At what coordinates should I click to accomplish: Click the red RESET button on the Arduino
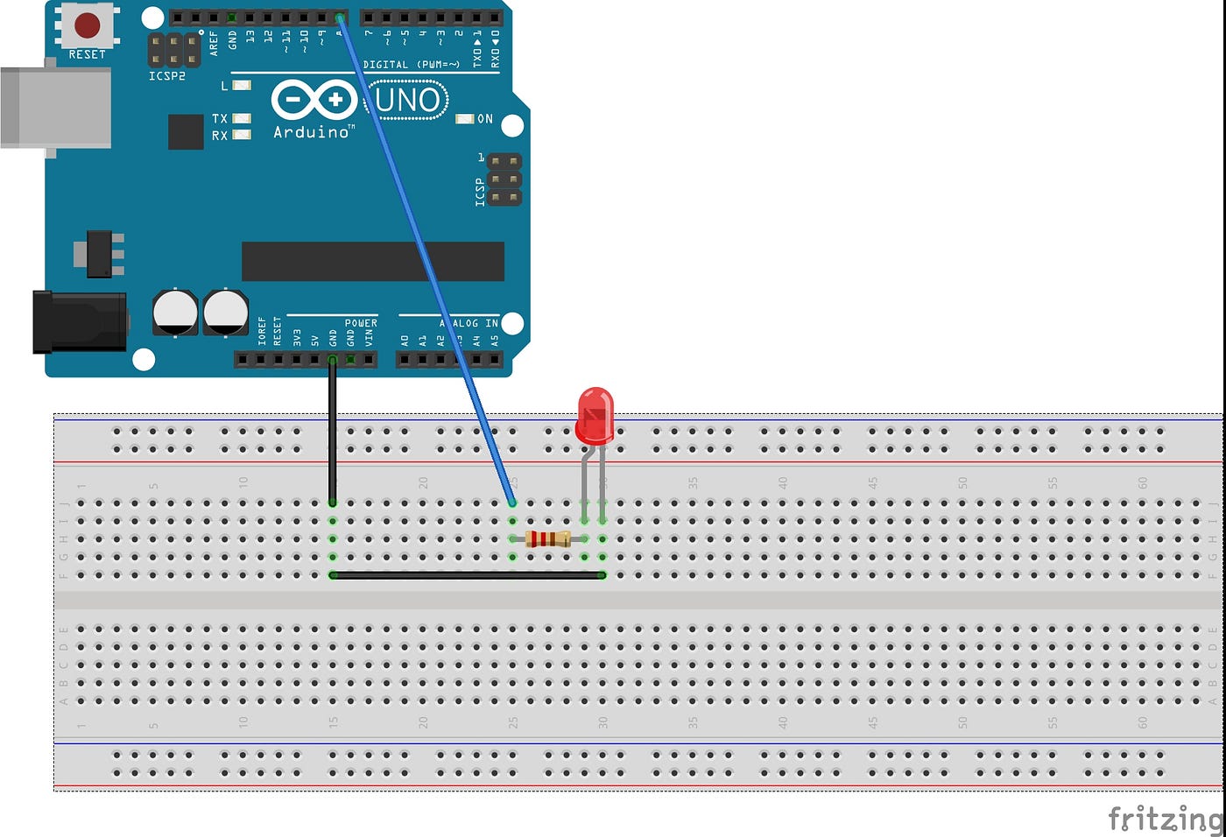point(87,25)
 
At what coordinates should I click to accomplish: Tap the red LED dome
point(595,416)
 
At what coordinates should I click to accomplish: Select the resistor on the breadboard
point(548,538)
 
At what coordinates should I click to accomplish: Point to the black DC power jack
point(79,322)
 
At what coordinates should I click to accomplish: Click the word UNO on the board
point(407,101)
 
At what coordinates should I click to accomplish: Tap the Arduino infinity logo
point(313,100)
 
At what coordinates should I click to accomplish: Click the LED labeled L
point(242,86)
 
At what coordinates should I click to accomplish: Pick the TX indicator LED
point(242,118)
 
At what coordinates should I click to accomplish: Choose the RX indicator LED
point(242,135)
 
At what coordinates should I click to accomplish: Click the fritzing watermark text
point(1165,819)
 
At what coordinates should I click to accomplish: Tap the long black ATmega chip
point(373,262)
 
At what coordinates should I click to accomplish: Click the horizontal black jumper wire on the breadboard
point(468,575)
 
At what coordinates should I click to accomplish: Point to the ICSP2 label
point(166,76)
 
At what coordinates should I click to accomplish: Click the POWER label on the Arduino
point(361,323)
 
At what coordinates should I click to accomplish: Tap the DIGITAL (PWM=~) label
point(411,65)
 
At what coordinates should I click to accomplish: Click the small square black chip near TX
point(186,131)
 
